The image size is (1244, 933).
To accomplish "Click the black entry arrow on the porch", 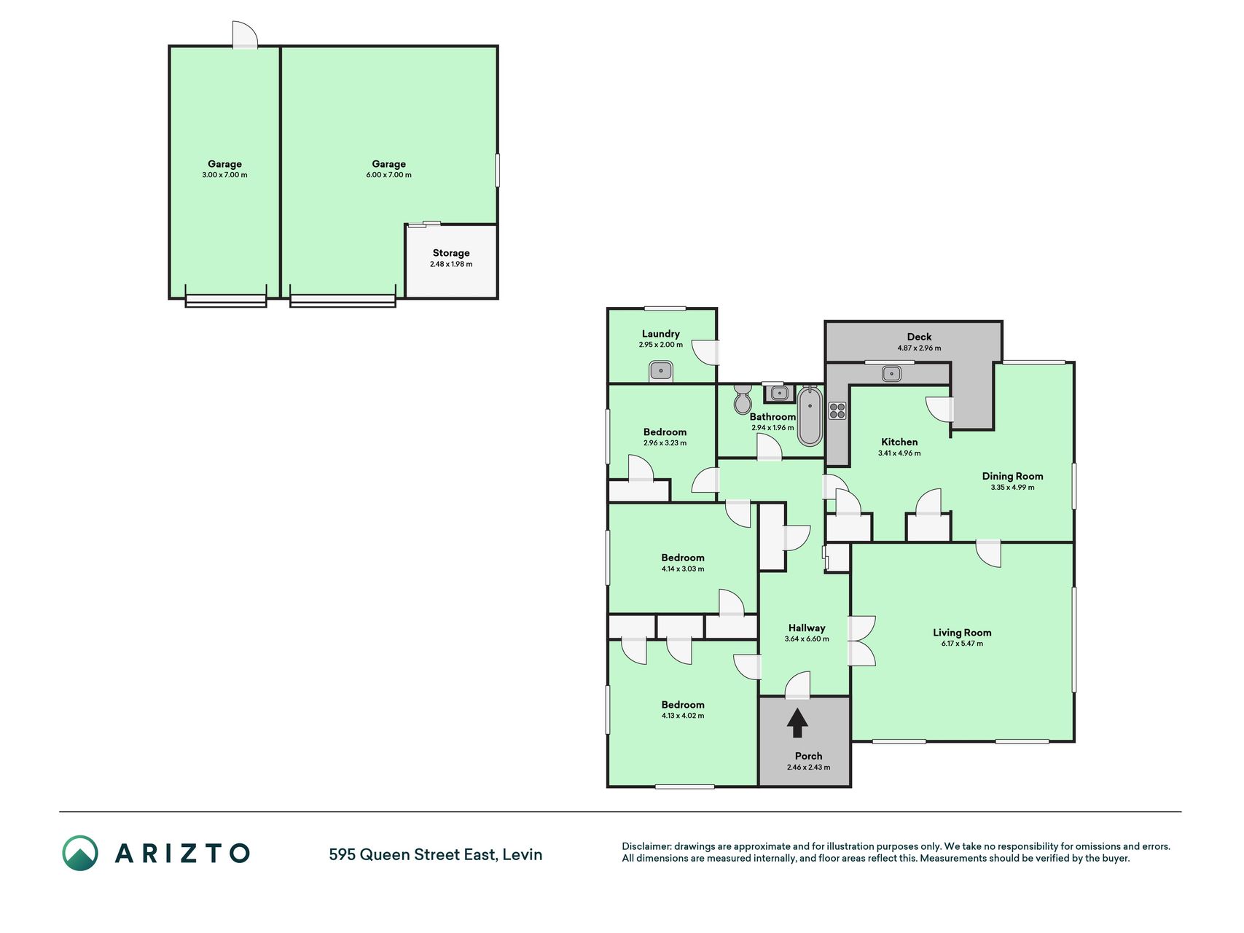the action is coord(798,723).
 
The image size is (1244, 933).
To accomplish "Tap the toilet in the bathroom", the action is coord(743,399).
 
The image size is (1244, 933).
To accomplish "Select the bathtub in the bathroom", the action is coord(810,416).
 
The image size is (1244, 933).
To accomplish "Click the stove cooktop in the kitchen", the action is coord(837,410).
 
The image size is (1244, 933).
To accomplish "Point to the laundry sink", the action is coord(661,371).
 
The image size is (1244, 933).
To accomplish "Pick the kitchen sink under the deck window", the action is coord(891,374).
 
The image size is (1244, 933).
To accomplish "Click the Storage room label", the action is coord(451,253).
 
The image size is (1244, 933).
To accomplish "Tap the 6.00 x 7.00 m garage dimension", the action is coord(388,175).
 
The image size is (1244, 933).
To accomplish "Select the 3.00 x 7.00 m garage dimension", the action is coord(224,175).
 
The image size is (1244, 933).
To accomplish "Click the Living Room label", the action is coord(962,633).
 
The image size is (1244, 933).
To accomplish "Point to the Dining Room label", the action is coord(1012,476).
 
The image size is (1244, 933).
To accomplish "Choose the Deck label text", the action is coord(919,337).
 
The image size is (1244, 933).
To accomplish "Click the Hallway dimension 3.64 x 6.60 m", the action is coord(807,639).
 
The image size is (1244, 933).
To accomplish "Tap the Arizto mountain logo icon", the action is coord(80,853).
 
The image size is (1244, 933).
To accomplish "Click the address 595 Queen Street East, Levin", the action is coord(436,854).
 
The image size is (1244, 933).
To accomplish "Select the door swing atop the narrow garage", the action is coord(245,34).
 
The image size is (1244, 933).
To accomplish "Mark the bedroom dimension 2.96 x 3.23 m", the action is coord(665,443).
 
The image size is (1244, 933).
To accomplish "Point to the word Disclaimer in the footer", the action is coord(646,846).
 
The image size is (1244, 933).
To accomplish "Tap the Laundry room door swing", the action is coord(705,352).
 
